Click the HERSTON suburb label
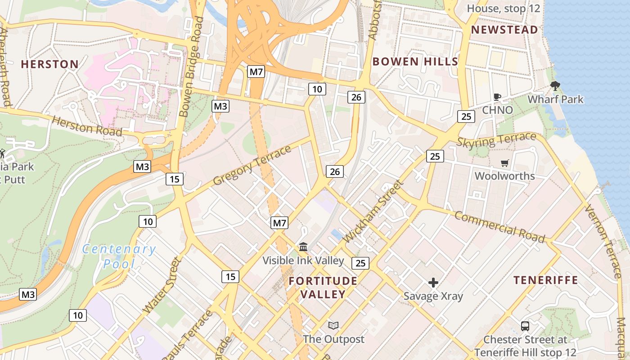click(50, 64)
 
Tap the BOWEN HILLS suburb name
click(415, 62)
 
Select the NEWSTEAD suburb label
click(504, 30)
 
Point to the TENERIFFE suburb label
click(545, 280)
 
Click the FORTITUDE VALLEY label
click(323, 288)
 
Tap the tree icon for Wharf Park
click(555, 86)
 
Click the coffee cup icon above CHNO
click(497, 97)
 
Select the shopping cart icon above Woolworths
click(504, 163)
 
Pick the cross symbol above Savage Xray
click(433, 283)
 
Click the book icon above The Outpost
click(333, 325)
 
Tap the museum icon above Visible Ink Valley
click(303, 247)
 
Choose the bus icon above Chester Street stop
click(525, 326)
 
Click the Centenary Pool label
click(119, 256)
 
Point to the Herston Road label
click(87, 126)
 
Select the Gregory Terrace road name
click(252, 165)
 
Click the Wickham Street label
click(373, 211)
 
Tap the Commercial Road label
click(499, 226)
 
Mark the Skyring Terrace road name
click(496, 140)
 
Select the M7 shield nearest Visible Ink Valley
click(279, 223)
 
